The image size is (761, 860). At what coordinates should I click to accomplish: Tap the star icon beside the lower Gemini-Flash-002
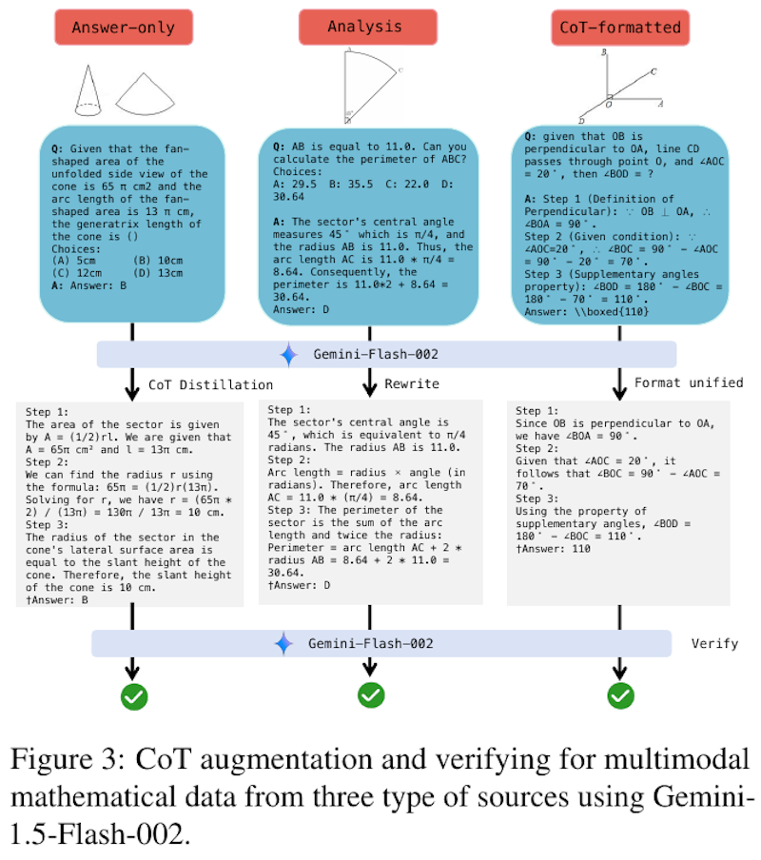point(283,644)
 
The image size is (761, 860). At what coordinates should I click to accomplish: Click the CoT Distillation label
point(210,385)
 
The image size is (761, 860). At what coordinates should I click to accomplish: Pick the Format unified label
point(689,383)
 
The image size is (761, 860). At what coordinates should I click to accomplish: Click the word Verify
point(714,644)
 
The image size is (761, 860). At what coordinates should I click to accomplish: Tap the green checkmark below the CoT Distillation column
point(133,696)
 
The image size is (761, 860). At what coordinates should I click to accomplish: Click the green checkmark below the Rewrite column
point(370,695)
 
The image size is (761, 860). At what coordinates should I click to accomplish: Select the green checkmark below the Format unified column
point(620,695)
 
